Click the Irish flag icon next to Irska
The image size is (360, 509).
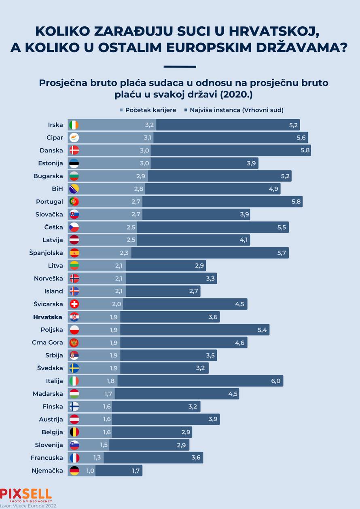click(74, 125)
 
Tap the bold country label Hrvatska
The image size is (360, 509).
click(48, 317)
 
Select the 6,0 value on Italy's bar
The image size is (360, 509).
click(275, 381)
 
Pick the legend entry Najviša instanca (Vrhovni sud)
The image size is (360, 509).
click(233, 110)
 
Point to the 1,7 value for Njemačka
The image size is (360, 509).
click(135, 471)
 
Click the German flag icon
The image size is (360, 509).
click(74, 471)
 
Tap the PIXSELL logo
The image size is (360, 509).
click(26, 494)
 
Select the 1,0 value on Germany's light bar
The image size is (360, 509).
click(90, 471)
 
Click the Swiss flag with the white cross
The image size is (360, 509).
click(74, 304)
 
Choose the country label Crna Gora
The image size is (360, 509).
click(47, 342)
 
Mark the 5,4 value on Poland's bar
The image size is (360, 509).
click(262, 330)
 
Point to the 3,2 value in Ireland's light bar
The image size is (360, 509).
click(150, 125)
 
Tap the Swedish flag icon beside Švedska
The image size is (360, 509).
click(74, 368)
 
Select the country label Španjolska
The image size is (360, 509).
click(46, 253)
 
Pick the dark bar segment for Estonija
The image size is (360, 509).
click(204, 163)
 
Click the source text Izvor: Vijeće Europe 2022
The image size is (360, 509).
click(29, 505)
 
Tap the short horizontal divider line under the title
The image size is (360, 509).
click(180, 67)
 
